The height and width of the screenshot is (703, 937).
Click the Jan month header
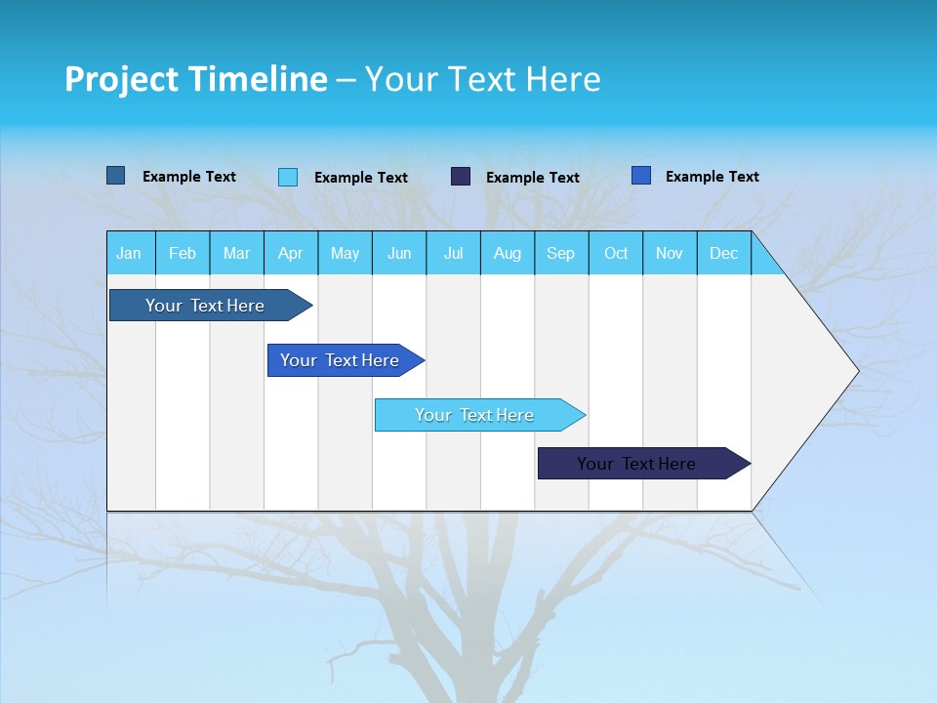129,254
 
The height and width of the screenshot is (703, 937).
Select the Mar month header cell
236,254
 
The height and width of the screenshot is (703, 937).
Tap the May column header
345,254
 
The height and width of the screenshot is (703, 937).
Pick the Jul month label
453,254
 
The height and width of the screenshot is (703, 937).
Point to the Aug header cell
507,254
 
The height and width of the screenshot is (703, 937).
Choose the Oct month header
616,254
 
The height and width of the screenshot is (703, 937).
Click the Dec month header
723,254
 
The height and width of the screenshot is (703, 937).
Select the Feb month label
183,254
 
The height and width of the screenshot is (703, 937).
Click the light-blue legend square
288,177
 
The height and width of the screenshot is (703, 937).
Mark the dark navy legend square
461,177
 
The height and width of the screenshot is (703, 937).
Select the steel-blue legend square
116,176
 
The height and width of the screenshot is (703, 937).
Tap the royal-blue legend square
641,176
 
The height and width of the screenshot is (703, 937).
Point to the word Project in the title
122,79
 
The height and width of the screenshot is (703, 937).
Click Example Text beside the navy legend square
532,178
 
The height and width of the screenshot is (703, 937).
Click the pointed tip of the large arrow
856,371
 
